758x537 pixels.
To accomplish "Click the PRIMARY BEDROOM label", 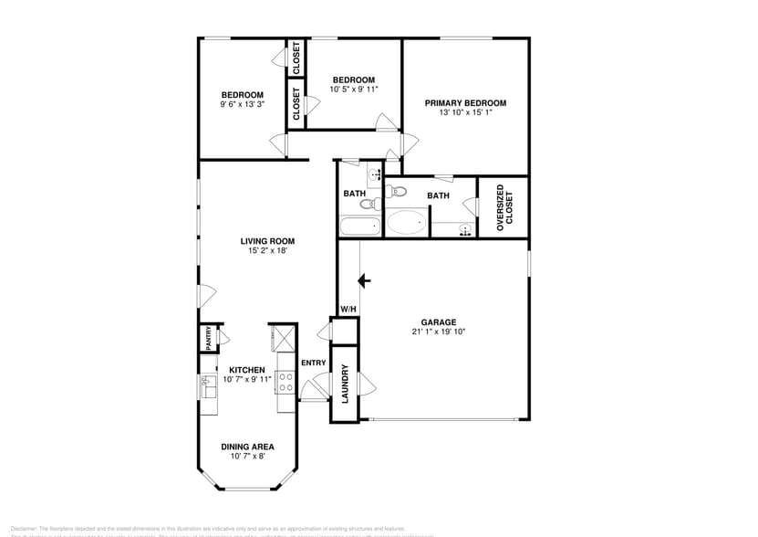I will [465, 103].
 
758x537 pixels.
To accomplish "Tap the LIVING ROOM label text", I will [267, 241].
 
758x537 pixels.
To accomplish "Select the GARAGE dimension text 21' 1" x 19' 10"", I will [438, 332].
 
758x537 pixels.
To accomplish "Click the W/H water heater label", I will [348, 310].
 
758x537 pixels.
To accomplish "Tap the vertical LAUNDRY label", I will [345, 384].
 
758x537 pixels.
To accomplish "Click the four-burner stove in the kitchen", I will [285, 383].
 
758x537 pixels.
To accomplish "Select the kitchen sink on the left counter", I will [207, 388].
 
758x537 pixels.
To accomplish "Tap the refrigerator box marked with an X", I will [281, 337].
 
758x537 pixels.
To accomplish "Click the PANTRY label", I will [209, 339].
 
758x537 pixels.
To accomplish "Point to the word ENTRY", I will [313, 363].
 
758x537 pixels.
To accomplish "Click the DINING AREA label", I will [247, 447].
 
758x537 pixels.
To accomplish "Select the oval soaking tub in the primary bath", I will [406, 222].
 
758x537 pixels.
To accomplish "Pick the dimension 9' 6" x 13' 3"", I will [242, 105].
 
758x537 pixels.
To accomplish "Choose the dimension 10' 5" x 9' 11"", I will [352, 89].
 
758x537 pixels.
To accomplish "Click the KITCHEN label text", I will [246, 370].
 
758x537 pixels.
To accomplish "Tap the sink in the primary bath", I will [466, 228].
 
